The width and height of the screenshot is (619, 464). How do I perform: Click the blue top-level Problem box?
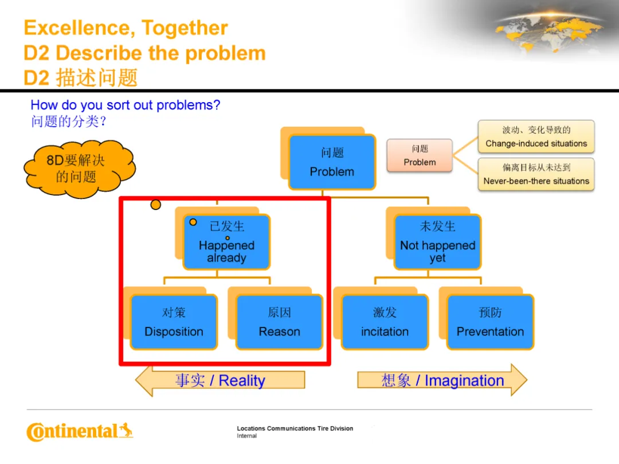pos(332,162)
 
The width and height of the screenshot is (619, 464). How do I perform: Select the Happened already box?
pos(226,242)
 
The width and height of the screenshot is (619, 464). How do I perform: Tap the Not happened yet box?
pos(437,242)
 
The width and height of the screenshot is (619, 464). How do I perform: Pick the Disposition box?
pos(174,322)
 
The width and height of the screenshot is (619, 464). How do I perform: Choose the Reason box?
pos(279,322)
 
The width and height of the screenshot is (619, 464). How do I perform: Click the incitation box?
pos(385,322)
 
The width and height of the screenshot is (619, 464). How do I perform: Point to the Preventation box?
pos(490,322)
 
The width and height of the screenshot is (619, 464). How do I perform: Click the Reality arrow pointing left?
pos(220,380)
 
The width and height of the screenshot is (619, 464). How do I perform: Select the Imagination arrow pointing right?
pos(442,380)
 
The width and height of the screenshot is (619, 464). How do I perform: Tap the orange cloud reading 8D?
pos(77,168)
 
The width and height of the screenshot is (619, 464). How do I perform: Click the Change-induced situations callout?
pos(536,137)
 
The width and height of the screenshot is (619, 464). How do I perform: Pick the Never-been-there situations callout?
pos(536,174)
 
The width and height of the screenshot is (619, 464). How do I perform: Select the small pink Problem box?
pos(420,155)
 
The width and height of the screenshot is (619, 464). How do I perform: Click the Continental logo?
pos(79,431)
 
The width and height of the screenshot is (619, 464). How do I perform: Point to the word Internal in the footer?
pos(247,436)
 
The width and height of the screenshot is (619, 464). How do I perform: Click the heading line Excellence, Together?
pos(126,28)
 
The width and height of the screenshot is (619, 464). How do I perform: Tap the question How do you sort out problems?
pos(125,105)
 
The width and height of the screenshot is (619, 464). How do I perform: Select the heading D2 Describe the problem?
pos(144,53)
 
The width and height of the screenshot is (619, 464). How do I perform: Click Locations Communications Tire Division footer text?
pos(295,428)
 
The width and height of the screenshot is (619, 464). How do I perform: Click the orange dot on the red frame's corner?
pos(155,204)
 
